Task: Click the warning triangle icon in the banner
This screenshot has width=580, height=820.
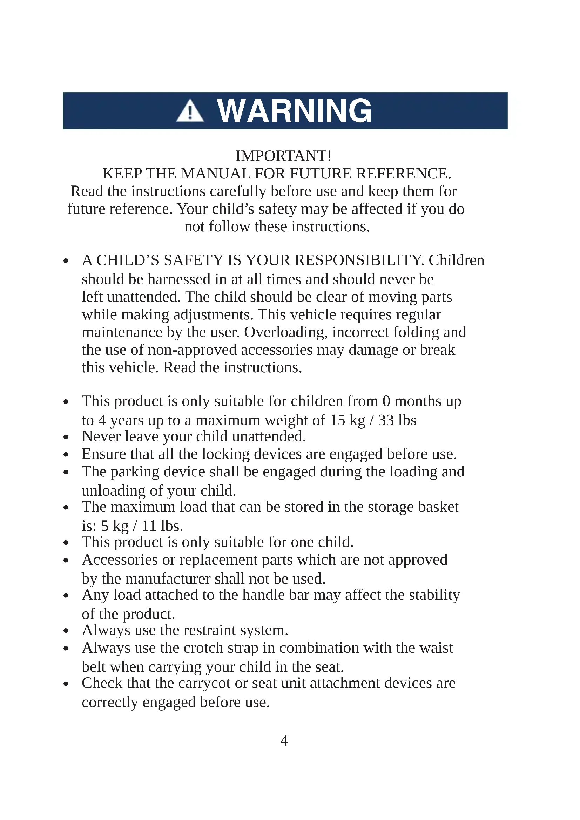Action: point(190,111)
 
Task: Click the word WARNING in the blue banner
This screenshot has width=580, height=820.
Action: point(294,111)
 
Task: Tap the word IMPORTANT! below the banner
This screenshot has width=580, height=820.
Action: point(283,156)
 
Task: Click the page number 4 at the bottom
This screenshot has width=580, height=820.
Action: point(284,740)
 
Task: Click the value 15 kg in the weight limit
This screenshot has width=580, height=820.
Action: point(347,420)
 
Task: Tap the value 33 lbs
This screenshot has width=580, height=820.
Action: point(397,420)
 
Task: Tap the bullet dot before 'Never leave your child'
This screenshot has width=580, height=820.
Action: point(66,437)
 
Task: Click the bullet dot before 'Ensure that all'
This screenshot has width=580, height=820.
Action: point(66,455)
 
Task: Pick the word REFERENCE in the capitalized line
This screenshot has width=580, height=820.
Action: point(404,174)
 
